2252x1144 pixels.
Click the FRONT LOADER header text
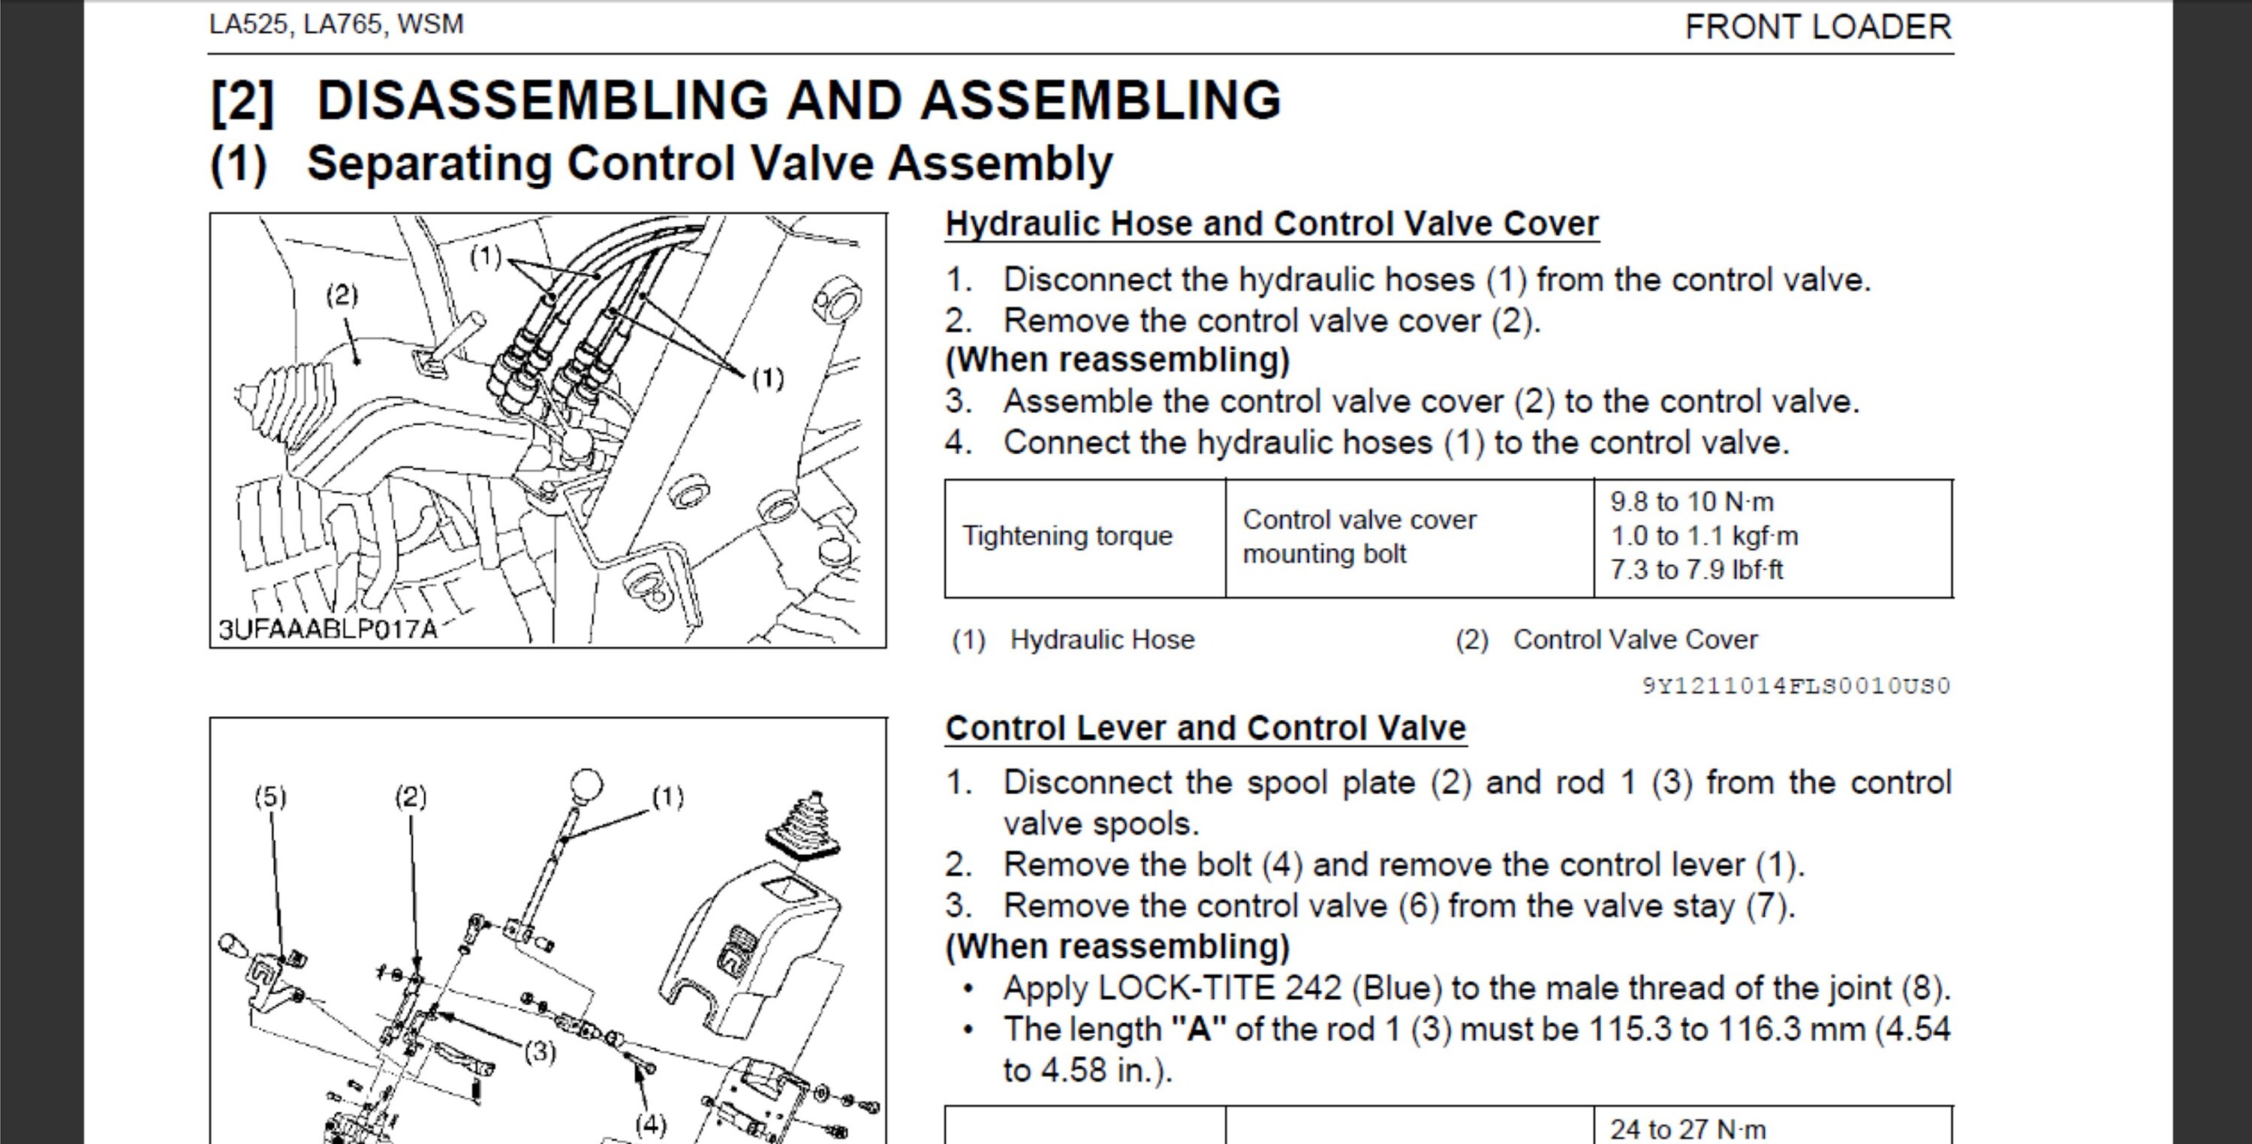pyautogui.click(x=1817, y=27)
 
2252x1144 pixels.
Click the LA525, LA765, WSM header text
pyautogui.click(x=336, y=23)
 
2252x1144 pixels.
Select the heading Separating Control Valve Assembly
pyautogui.click(x=709, y=164)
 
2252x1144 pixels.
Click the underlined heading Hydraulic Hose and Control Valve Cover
pyautogui.click(x=1271, y=224)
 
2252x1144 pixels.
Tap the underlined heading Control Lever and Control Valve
pyautogui.click(x=1205, y=728)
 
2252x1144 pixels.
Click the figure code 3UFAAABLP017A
pyautogui.click(x=327, y=629)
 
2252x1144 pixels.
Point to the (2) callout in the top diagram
pyautogui.click(x=342, y=296)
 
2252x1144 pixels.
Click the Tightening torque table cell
pyautogui.click(x=1067, y=536)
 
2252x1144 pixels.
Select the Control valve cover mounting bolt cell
pyautogui.click(x=1359, y=537)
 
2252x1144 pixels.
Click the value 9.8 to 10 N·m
pyautogui.click(x=1691, y=502)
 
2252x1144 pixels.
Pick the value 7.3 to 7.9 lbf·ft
pyautogui.click(x=1696, y=570)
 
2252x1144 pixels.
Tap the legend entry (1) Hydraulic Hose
pyautogui.click(x=1073, y=640)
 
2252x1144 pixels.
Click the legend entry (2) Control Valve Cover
pyautogui.click(x=1606, y=640)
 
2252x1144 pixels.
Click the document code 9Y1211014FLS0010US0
pyautogui.click(x=1796, y=686)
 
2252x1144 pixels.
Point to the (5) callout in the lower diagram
pyautogui.click(x=270, y=797)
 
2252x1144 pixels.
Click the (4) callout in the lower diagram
pyautogui.click(x=650, y=1124)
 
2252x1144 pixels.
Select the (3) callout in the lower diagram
pyautogui.click(x=540, y=1052)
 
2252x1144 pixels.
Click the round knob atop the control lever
pyautogui.click(x=586, y=784)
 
